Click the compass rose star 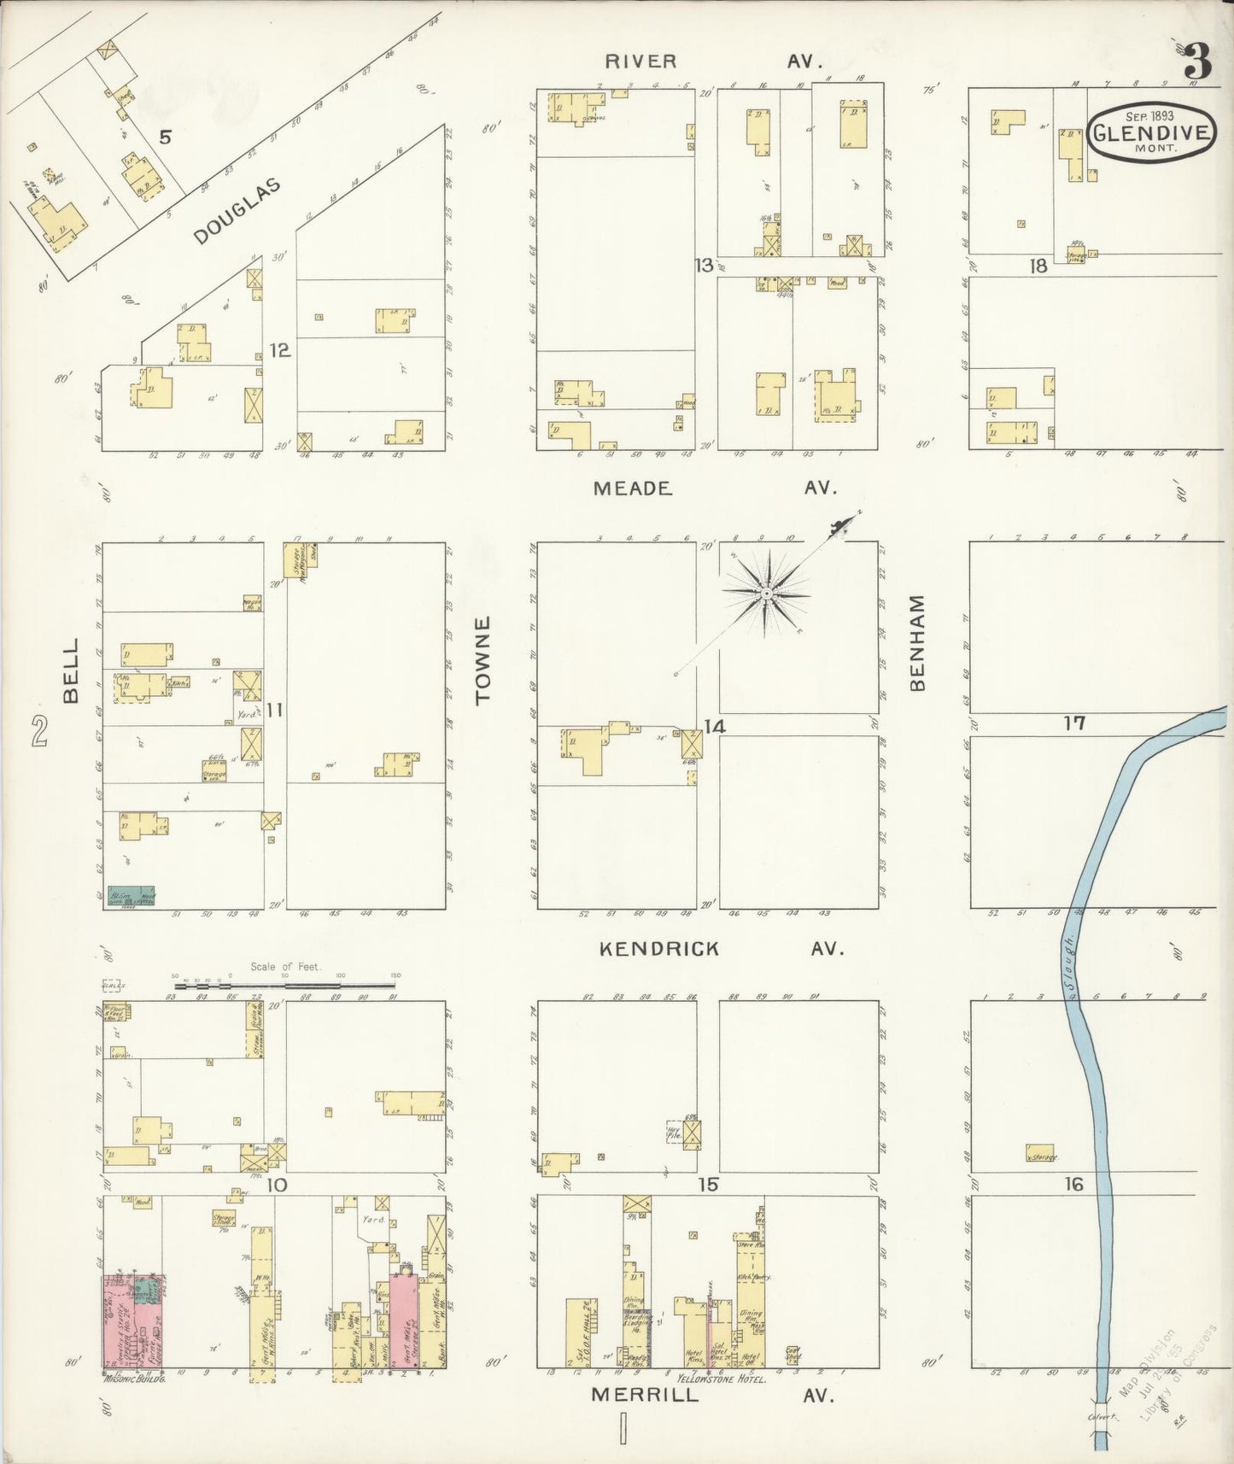pyautogui.click(x=767, y=592)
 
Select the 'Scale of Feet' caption pyautogui.click(x=284, y=967)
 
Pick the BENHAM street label pyautogui.click(x=918, y=642)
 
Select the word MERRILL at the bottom pyautogui.click(x=645, y=1395)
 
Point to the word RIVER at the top pyautogui.click(x=640, y=61)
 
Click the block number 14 pyautogui.click(x=714, y=726)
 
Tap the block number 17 pyautogui.click(x=1073, y=723)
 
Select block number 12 pyautogui.click(x=279, y=350)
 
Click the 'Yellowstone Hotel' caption pyautogui.click(x=714, y=1378)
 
